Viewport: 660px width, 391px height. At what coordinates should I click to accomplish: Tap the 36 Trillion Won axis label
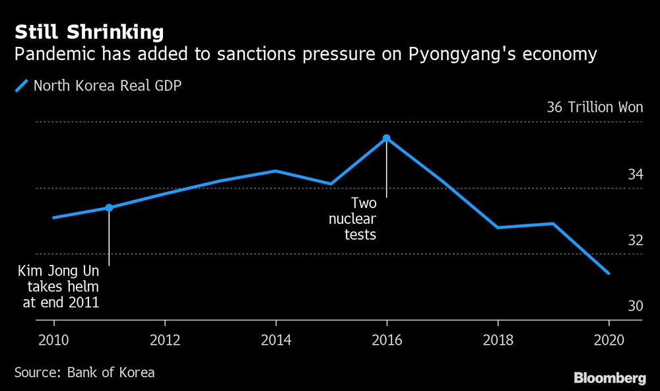coord(595,108)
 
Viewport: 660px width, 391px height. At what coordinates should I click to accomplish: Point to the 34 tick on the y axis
coord(635,175)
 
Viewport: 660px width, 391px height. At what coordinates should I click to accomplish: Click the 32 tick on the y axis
coord(635,240)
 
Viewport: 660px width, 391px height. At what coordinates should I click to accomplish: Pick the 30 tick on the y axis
coord(635,306)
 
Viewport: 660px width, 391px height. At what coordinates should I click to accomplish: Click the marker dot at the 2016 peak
coord(387,138)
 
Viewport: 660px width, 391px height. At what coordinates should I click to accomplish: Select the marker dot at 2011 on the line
coord(109,207)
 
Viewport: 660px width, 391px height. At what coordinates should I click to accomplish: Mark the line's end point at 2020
coord(608,273)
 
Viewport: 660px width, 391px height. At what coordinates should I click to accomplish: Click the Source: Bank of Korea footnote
coord(84,373)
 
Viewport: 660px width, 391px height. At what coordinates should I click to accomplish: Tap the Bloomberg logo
coord(610,378)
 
